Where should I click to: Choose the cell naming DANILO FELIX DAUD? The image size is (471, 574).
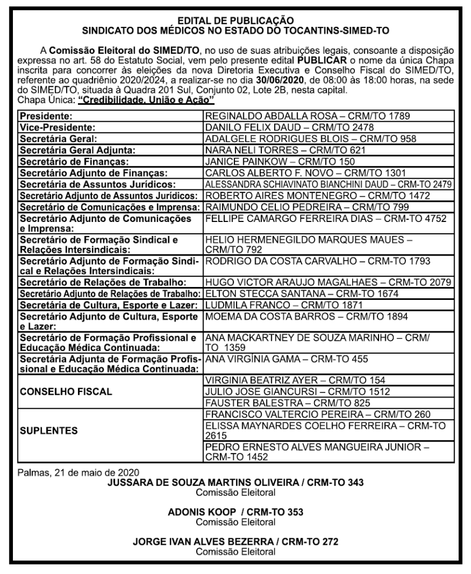pyautogui.click(x=301, y=127)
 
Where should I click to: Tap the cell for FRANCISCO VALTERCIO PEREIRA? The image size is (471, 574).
pyautogui.click(x=317, y=414)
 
